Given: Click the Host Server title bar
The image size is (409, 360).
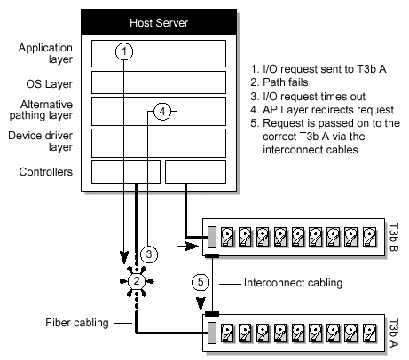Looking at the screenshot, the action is pyautogui.click(x=159, y=22).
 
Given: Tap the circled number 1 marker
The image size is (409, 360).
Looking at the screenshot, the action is pyautogui.click(x=124, y=51).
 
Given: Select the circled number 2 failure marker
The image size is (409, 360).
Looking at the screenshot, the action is pyautogui.click(x=137, y=281).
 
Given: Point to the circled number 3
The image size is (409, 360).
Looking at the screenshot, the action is pyautogui.click(x=149, y=254).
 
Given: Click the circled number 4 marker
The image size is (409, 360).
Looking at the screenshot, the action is pyautogui.click(x=162, y=112).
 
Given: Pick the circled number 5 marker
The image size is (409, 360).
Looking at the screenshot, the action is pyautogui.click(x=201, y=282).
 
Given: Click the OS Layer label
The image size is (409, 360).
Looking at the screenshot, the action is pyautogui.click(x=49, y=84).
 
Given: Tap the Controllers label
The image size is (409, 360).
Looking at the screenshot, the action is pyautogui.click(x=46, y=172).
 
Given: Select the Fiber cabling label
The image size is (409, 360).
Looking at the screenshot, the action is pyautogui.click(x=77, y=323).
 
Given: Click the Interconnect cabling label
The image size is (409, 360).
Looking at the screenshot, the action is pyautogui.click(x=293, y=283).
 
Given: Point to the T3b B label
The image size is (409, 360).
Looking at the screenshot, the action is pyautogui.click(x=393, y=237).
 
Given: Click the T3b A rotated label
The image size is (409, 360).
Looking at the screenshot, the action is pyautogui.click(x=393, y=333).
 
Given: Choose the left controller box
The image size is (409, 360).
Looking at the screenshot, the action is pyautogui.click(x=126, y=172).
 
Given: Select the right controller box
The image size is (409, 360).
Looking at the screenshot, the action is pyautogui.click(x=195, y=172).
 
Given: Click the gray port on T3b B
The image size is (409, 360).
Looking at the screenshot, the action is pyautogui.click(x=212, y=237).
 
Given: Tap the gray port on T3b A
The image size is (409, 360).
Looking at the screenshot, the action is pyautogui.click(x=212, y=333).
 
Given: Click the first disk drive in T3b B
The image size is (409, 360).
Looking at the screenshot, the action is pyautogui.click(x=228, y=237).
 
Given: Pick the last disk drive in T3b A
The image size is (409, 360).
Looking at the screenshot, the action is pyautogui.click(x=370, y=333).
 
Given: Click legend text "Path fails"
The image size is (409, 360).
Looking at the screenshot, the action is pyautogui.click(x=286, y=82).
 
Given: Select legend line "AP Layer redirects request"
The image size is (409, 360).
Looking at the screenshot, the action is pyautogui.click(x=322, y=110).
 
